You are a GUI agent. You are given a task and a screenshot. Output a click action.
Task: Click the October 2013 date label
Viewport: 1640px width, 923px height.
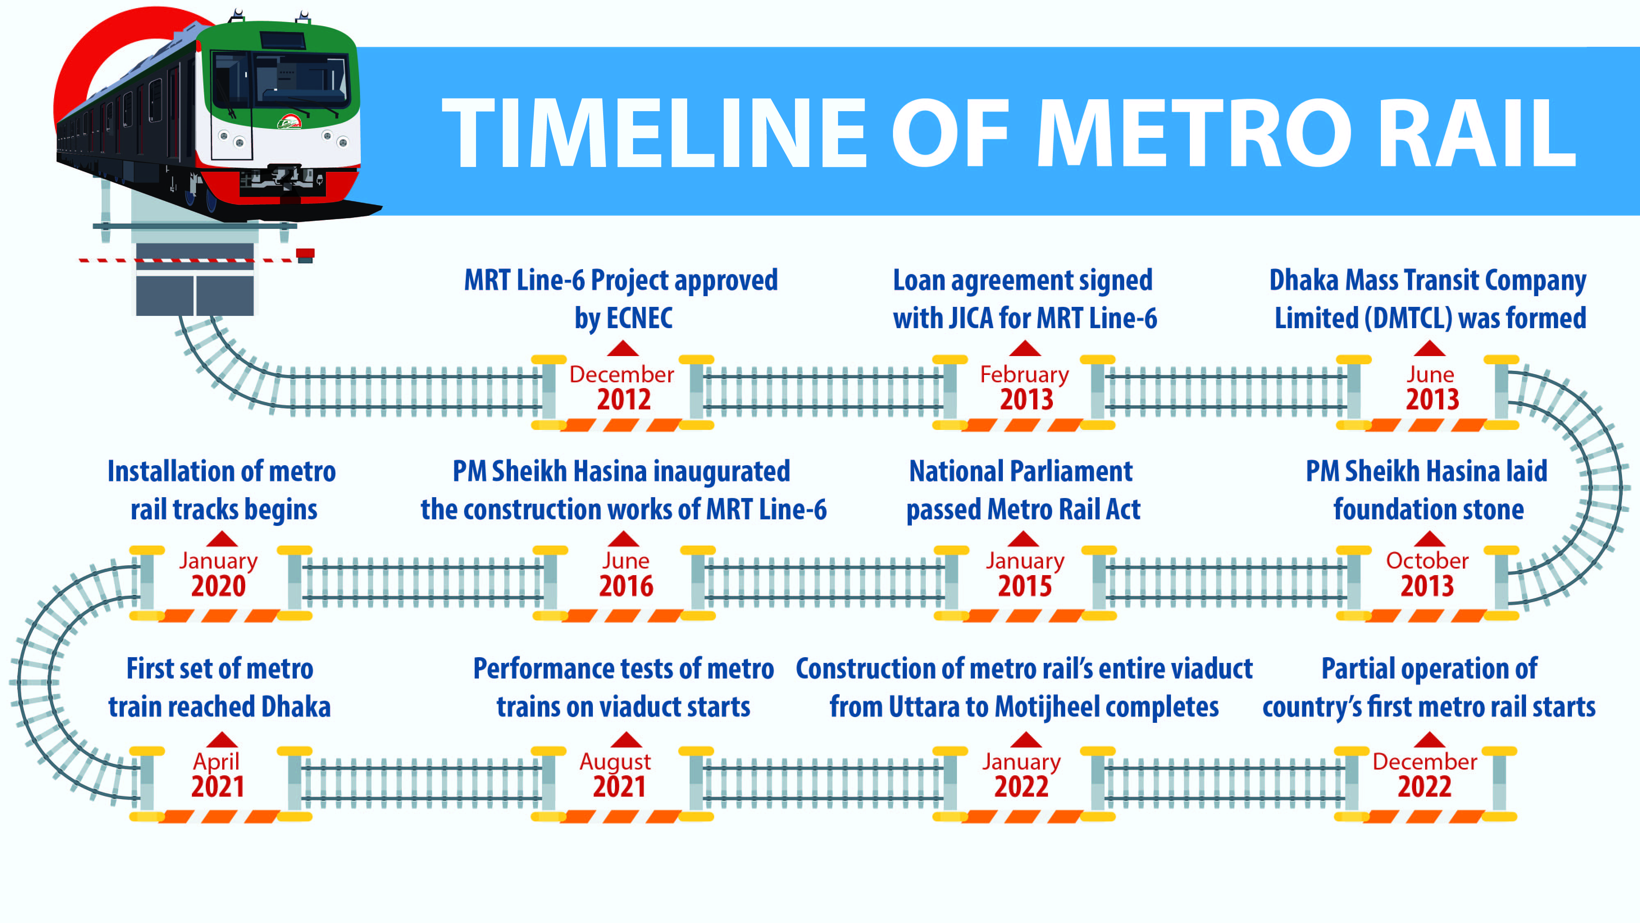coord(1427,573)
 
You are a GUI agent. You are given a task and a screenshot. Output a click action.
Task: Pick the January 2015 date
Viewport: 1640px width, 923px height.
coord(1024,573)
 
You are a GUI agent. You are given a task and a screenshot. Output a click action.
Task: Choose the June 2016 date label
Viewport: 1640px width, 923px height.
coord(625,573)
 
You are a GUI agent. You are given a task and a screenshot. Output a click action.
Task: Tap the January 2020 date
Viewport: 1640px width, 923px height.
coord(219,573)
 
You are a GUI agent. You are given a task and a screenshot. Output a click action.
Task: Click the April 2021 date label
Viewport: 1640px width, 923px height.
coord(217,774)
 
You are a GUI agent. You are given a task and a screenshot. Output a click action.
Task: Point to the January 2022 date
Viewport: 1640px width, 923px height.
coord(1021,774)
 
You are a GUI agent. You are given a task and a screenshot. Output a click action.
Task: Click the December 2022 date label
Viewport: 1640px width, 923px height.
coord(1425,774)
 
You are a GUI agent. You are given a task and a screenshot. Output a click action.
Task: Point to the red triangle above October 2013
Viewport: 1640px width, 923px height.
coord(1429,539)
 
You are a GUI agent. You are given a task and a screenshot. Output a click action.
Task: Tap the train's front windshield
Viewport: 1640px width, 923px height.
coord(280,80)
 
